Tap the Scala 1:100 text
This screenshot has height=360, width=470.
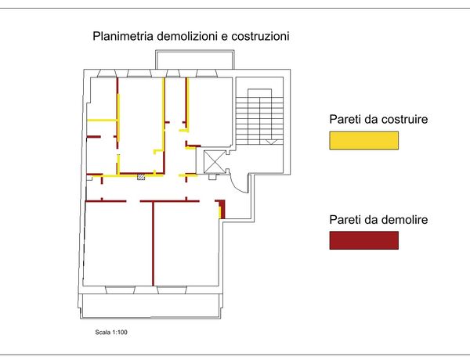pyautogui.click(x=110, y=333)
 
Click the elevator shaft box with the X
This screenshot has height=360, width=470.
pyautogui.click(x=214, y=161)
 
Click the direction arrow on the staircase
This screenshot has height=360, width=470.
pyautogui.click(x=269, y=142)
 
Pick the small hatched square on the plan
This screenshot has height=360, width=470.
pyautogui.click(x=141, y=178)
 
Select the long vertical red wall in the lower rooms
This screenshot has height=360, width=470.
pyautogui.click(x=152, y=243)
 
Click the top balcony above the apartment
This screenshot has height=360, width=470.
pyautogui.click(x=194, y=60)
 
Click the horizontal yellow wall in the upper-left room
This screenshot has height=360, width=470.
pyautogui.click(x=101, y=119)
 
